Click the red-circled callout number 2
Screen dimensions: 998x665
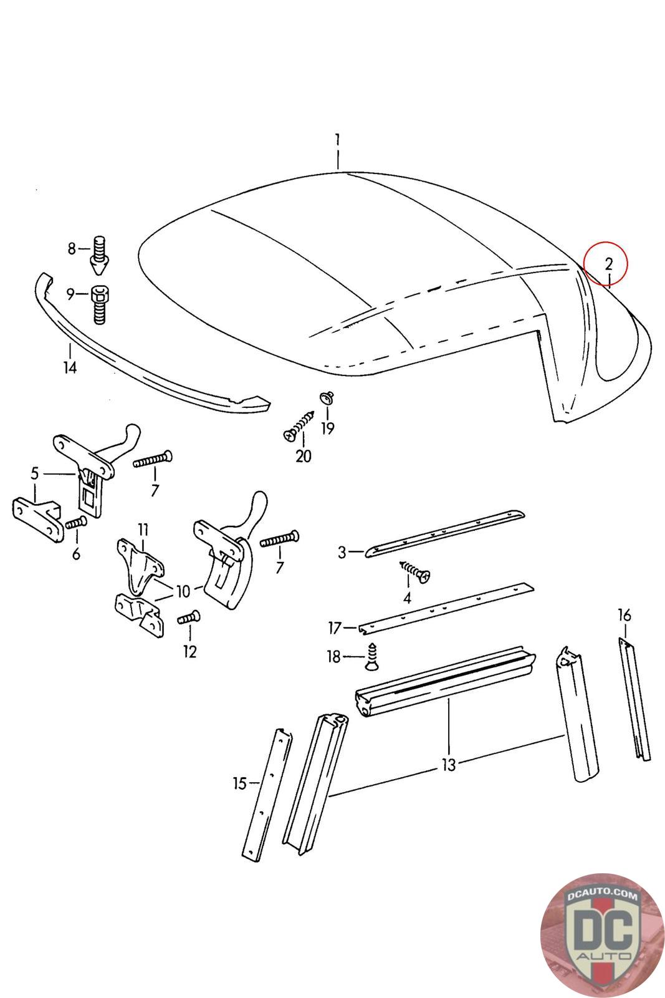pos(608,263)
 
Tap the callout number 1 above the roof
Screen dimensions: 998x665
pos(337,138)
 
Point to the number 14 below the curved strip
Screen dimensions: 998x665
pos(70,367)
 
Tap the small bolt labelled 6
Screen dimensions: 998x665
pos(76,523)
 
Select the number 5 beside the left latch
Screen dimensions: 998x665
pos(35,473)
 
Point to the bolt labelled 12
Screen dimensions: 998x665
pos(189,617)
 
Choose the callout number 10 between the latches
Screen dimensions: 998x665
pos(183,591)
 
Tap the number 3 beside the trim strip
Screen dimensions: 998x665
pos(342,552)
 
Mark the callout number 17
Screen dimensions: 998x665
pos(335,626)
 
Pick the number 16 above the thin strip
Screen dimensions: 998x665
pos(624,616)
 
